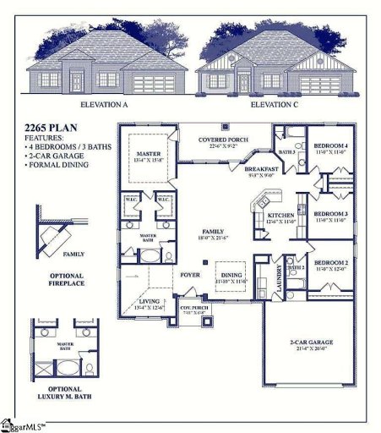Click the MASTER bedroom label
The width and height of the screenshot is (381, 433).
[x=148, y=153]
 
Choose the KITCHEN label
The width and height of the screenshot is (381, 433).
[x=282, y=216]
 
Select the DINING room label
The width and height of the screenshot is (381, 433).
[x=231, y=274]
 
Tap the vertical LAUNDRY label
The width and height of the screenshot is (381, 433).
[x=279, y=278]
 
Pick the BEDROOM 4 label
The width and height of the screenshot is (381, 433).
[x=330, y=146]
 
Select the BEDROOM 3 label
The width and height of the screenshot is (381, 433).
[x=331, y=214]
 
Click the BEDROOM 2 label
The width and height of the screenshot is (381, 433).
[x=331, y=264]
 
